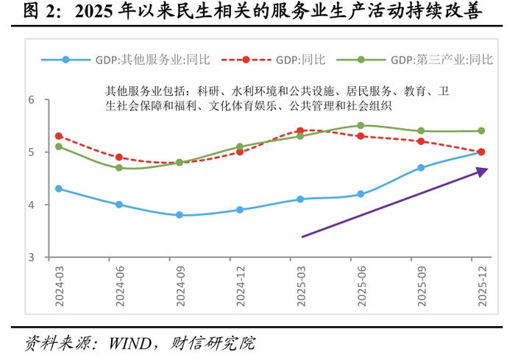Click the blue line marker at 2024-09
(179, 215)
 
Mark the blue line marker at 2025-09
(421, 168)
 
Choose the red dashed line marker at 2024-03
(59, 136)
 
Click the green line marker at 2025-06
(360, 125)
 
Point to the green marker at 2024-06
(119, 168)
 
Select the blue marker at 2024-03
(59, 188)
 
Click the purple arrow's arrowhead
(482, 171)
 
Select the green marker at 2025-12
(481, 131)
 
